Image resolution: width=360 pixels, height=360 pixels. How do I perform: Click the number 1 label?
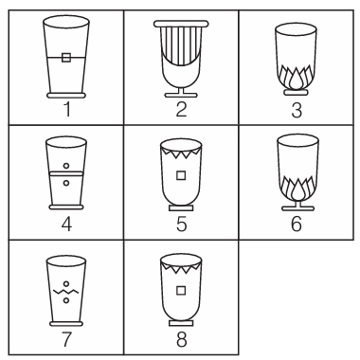point(67,109)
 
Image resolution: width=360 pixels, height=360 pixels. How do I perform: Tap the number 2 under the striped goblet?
point(181,109)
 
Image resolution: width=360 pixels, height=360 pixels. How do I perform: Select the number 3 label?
point(297,110)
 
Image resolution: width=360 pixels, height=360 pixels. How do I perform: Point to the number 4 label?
point(66,225)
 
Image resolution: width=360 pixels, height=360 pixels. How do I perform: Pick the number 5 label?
point(182,225)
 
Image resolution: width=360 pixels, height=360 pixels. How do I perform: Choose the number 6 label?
point(297,224)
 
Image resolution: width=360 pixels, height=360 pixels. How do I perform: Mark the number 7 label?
point(66,340)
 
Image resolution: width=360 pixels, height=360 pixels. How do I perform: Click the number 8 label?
point(182,340)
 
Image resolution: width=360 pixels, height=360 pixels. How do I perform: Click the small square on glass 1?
point(66,58)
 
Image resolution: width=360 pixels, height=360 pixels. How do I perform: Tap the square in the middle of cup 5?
point(181,175)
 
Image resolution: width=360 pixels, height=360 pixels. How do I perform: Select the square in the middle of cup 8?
point(181,290)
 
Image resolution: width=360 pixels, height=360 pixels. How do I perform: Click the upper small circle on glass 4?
point(66,166)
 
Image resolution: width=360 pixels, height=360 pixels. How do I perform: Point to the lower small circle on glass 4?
point(66,183)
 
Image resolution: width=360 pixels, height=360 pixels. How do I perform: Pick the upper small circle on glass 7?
point(66,283)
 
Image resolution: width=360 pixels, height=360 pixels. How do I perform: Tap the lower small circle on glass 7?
point(66,300)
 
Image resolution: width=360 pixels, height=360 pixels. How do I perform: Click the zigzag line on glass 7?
point(66,291)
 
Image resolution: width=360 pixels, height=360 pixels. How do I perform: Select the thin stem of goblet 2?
point(181,90)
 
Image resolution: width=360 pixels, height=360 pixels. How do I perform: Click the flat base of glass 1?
point(66,96)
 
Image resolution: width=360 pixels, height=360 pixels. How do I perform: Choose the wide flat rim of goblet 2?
point(181,24)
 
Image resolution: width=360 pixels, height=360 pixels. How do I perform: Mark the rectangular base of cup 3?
point(296,92)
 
